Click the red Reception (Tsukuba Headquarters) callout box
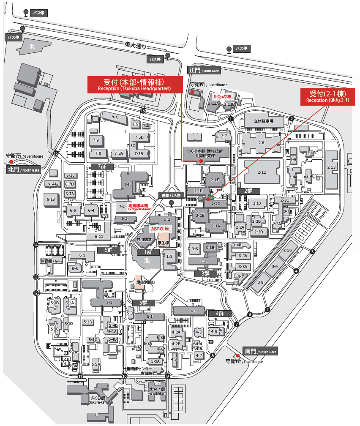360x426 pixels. pyautogui.click(x=134, y=85)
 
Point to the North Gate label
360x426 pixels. pyautogui.click(x=24, y=170)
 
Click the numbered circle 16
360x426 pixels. pyautogui.click(x=142, y=111)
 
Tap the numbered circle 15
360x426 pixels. pyautogui.click(x=56, y=153)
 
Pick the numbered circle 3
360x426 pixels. pyautogui.click(x=312, y=252)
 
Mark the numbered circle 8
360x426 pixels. pyautogui.click(x=213, y=355)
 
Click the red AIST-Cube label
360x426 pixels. pyautogui.click(x=160, y=228)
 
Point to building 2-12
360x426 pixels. pyautogui.click(x=262, y=172)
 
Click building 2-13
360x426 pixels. pyautogui.click(x=332, y=167)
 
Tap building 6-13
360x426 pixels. pyautogui.click(x=51, y=199)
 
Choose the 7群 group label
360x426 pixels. pyautogui.click(x=102, y=167)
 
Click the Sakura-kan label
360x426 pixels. pyautogui.click(x=95, y=400)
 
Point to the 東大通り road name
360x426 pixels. pyautogui.click(x=135, y=44)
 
